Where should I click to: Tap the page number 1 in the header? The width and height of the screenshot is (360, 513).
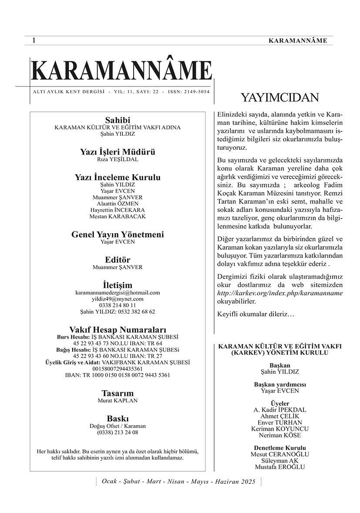click(34, 40)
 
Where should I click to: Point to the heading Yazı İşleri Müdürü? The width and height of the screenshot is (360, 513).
click(118, 152)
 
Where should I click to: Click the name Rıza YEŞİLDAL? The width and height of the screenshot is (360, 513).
click(118, 160)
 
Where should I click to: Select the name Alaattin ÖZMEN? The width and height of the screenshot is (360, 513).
click(118, 203)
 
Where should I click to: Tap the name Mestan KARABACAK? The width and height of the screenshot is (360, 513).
click(118, 216)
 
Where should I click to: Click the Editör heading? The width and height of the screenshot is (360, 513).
click(118, 260)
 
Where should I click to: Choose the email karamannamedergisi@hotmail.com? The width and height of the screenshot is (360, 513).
click(118, 293)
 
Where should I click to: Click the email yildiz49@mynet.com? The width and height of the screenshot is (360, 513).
click(118, 299)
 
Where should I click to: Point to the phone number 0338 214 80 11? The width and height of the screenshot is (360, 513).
click(118, 305)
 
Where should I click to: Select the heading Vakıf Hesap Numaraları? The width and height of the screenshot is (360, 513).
click(118, 329)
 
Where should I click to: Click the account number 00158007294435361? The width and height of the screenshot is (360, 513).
click(118, 368)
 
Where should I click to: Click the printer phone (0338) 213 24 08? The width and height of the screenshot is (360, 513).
click(118, 433)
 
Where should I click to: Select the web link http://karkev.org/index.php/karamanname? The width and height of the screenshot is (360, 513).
click(280, 293)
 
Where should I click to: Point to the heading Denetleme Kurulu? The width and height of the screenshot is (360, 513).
click(280, 448)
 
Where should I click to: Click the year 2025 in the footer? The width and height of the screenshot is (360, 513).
click(249, 482)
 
